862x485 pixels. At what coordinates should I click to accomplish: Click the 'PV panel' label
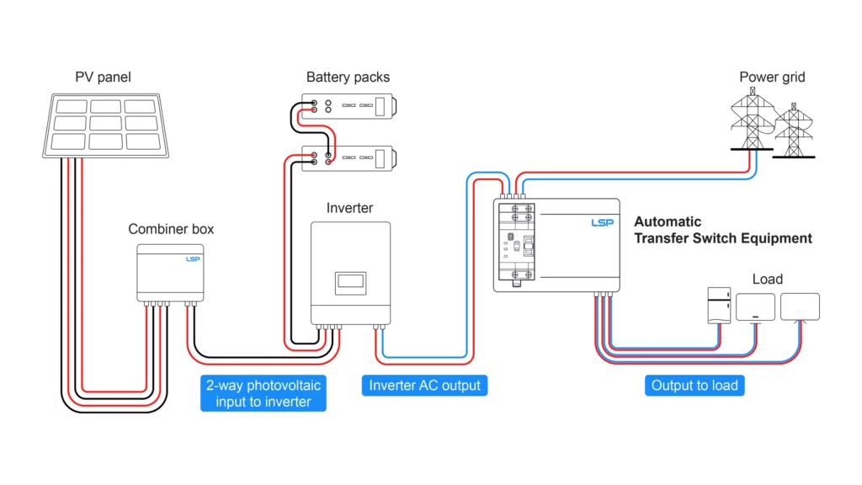(x=103, y=77)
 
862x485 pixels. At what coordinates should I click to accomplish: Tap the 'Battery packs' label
(x=348, y=77)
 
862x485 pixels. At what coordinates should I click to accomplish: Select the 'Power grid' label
(x=772, y=77)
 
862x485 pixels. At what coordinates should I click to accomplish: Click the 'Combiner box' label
(x=171, y=229)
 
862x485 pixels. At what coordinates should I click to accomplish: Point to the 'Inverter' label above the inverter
(x=349, y=208)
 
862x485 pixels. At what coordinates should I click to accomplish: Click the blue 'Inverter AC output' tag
(x=424, y=386)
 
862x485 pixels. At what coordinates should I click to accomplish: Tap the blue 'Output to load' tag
(x=694, y=386)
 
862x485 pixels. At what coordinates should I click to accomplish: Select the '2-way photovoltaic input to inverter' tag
(x=263, y=393)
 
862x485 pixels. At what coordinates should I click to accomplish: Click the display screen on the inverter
(x=350, y=283)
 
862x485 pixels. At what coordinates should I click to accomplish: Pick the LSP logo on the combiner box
(x=193, y=259)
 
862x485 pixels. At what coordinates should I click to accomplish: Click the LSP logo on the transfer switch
(x=602, y=222)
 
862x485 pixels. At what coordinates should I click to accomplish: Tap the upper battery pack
(x=349, y=106)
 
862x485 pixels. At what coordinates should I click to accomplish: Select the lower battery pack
(x=349, y=158)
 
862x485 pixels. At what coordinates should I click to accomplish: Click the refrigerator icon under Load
(x=719, y=305)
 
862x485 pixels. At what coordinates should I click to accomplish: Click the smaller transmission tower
(x=793, y=131)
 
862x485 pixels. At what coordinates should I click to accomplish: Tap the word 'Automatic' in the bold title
(x=668, y=221)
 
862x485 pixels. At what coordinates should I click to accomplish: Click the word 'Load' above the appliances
(x=768, y=280)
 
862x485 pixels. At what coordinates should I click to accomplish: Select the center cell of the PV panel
(x=105, y=123)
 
